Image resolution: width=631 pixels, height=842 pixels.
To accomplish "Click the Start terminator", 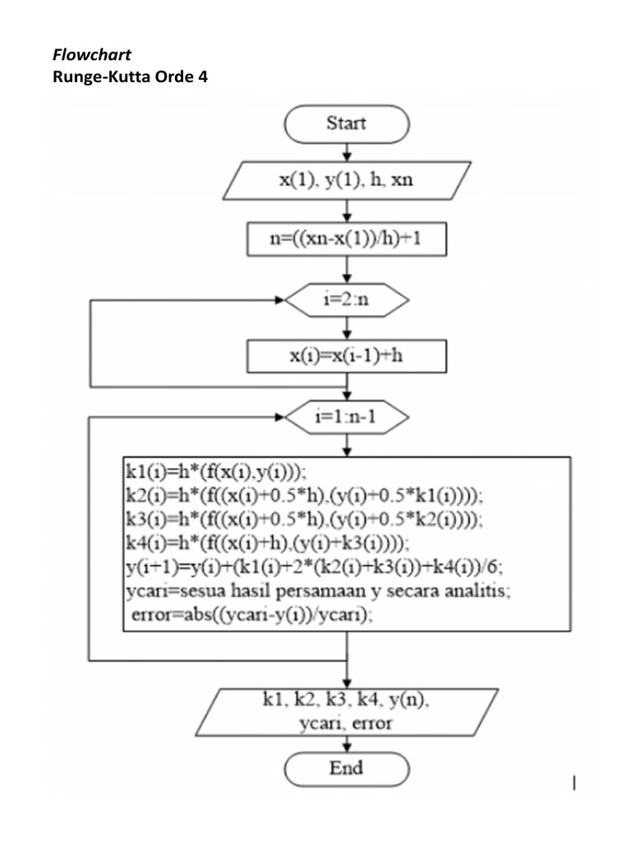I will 346,124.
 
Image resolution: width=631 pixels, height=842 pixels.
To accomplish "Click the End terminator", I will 346,769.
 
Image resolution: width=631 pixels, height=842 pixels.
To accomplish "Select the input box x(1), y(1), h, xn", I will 346,180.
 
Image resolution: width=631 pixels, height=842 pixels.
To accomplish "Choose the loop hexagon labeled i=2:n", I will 346,300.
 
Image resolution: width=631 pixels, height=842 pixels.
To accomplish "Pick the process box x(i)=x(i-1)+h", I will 346,357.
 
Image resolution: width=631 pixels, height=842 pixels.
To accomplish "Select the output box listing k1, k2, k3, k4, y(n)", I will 346,712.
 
